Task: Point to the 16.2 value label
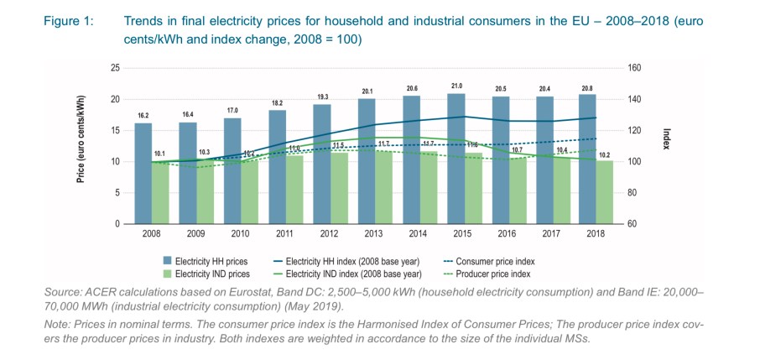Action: (143, 116)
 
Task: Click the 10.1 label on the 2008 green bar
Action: (159, 154)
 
